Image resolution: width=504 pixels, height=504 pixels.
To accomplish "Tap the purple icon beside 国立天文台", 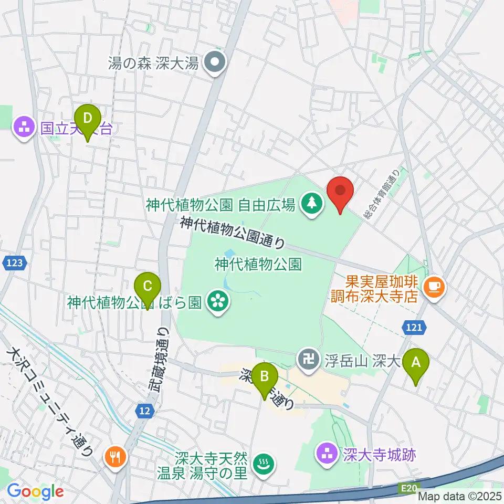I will point(24,128).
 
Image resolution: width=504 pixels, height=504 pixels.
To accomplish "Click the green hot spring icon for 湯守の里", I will point(262,464).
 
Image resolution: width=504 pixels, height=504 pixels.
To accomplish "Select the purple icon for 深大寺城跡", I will point(328,454).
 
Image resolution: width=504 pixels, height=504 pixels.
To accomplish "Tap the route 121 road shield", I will point(414,328).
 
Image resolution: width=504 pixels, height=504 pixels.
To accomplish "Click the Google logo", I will point(35,491).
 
